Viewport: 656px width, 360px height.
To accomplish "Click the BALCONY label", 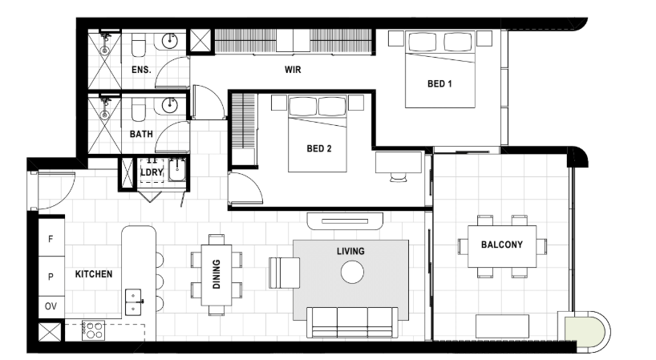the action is coord(501,245).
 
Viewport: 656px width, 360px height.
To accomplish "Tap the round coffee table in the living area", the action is coord(352,272).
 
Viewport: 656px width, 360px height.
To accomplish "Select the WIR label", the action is coord(293,70).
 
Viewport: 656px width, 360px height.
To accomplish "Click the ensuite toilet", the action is coord(139,45).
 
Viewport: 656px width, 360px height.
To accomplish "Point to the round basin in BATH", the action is coord(170,104).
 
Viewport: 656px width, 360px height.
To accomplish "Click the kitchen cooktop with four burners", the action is coord(93,330).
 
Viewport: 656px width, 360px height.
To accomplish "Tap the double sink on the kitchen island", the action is coord(133,302).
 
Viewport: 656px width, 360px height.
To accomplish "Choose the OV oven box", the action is coord(51,306).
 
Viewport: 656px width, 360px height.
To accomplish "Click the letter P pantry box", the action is coord(51,277).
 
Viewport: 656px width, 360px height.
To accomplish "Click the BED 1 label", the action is coord(439,83).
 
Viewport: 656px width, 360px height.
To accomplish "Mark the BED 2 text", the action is coord(319,148).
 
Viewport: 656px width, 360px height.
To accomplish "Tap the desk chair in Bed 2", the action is coord(399,177).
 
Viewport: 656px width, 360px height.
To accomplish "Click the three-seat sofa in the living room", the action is coord(352,322).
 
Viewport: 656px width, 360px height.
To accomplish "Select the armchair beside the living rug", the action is coord(285,273).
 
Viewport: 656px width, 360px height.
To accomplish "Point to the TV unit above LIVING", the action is coord(345,220).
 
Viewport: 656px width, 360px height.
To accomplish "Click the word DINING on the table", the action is coord(217,274).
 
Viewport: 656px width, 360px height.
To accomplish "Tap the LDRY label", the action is coord(152,172).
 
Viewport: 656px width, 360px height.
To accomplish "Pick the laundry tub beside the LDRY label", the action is coord(177,169).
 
